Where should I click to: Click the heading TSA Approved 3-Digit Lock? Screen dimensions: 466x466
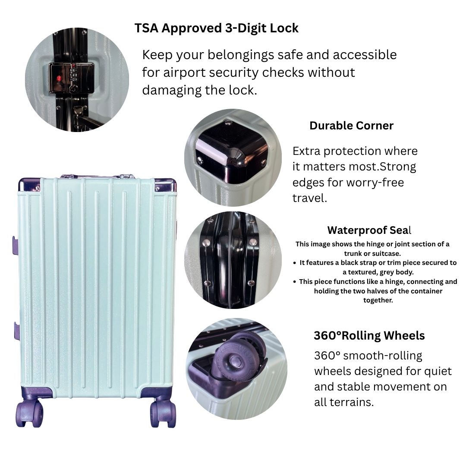[x=216, y=28]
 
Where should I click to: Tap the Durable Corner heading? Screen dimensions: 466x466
[x=351, y=126]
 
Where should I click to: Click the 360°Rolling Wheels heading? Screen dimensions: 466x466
[x=369, y=336]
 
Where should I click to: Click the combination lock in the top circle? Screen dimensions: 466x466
[x=71, y=78]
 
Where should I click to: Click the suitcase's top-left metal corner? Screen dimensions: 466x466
[x=29, y=185]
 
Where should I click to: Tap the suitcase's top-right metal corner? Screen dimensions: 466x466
[x=166, y=185]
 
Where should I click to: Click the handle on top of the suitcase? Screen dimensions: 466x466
[x=97, y=176]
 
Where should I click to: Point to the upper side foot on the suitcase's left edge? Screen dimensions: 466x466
[x=16, y=245]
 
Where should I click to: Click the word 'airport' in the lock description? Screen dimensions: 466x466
[x=187, y=72]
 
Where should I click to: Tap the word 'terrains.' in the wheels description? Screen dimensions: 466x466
[x=349, y=402]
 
